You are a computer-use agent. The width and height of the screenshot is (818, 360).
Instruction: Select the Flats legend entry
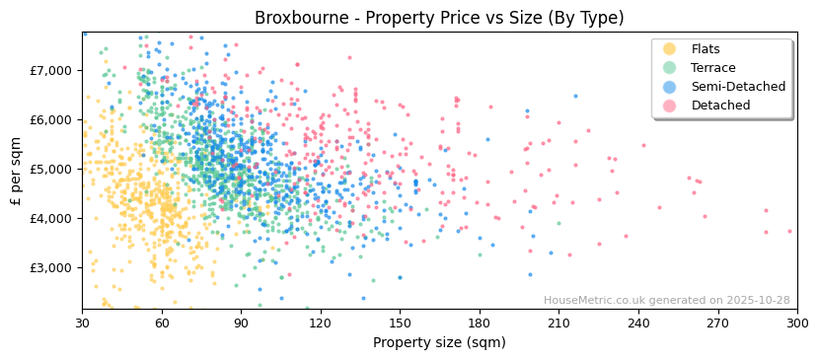tap(706, 49)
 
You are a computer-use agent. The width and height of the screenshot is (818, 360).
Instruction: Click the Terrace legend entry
tap(711, 68)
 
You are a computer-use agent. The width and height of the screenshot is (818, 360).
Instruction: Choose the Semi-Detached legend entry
tap(738, 87)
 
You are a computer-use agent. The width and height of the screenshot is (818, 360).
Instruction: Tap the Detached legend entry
tap(720, 106)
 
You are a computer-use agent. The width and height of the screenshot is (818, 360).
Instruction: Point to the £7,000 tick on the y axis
tap(50, 71)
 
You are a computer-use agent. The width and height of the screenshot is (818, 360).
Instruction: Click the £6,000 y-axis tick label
tap(50, 120)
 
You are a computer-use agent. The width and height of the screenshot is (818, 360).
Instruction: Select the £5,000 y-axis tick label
tap(50, 170)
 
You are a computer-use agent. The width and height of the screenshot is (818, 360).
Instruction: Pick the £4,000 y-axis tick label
tap(50, 219)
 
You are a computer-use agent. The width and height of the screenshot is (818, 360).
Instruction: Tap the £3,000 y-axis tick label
tap(50, 268)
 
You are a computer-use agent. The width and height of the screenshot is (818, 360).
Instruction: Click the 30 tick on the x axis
tap(82, 323)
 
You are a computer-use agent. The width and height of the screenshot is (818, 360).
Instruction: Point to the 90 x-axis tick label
tap(241, 323)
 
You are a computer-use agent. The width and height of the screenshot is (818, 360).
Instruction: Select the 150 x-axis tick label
tap(400, 323)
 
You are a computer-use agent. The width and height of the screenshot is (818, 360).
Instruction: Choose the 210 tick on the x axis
tap(558, 323)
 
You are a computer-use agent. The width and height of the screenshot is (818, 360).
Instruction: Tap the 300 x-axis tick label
tap(796, 323)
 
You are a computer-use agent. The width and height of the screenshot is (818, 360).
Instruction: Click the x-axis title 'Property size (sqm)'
tap(439, 342)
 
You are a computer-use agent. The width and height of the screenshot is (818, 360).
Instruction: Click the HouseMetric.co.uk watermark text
tap(666, 301)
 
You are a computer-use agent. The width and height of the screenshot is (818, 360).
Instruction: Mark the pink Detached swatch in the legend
tap(669, 106)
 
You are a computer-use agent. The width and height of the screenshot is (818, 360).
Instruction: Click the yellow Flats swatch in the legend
tap(669, 49)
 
